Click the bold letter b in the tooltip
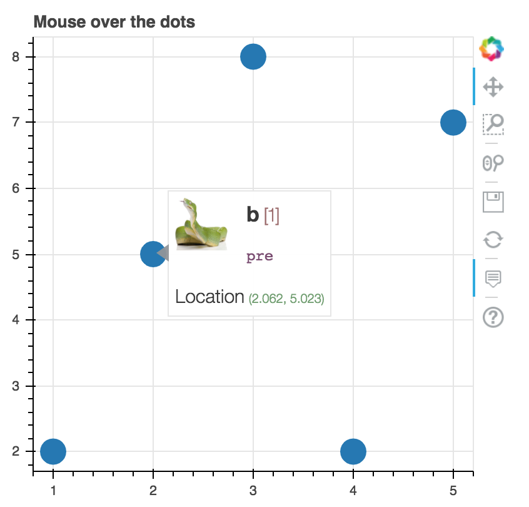pyautogui.click(x=253, y=215)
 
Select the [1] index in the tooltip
pyautogui.click(x=271, y=216)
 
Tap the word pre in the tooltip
pyautogui.click(x=259, y=257)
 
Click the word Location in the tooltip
pyautogui.click(x=209, y=297)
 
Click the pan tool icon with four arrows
pyautogui.click(x=493, y=86)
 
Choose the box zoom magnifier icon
pyautogui.click(x=493, y=125)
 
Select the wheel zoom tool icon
pyautogui.click(x=493, y=163)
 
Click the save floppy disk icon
pyautogui.click(x=493, y=202)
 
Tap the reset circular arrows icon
pyautogui.click(x=493, y=240)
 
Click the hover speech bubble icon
pyautogui.click(x=493, y=278)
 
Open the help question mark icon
pyautogui.click(x=493, y=317)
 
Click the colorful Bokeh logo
pyautogui.click(x=492, y=48)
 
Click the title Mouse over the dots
pyautogui.click(x=114, y=23)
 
